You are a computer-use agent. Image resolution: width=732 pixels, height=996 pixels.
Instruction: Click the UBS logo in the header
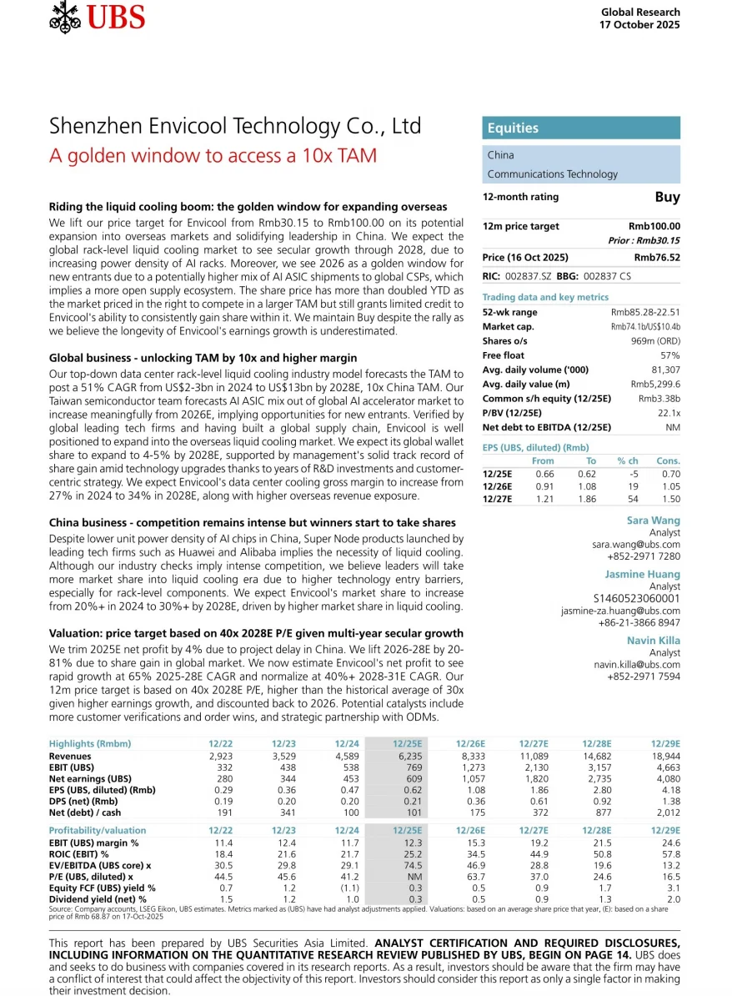98,16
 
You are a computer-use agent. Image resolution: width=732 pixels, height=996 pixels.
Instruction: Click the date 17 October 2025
639,24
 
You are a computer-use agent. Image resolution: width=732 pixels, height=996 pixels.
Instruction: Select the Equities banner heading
514,128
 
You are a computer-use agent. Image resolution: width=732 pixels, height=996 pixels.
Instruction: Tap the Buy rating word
667,198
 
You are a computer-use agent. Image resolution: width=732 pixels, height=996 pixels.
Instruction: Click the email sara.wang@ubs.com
636,544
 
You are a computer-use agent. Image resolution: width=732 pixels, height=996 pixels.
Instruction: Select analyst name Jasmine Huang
642,574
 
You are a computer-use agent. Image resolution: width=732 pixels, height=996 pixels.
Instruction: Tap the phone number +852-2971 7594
644,677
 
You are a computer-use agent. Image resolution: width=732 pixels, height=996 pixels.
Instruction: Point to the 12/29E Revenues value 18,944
665,757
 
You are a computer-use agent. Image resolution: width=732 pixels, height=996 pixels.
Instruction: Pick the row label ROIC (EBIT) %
79,855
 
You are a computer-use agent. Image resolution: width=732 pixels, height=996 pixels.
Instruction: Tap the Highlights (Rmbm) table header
90,743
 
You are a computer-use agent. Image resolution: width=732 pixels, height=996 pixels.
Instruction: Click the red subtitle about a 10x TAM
213,156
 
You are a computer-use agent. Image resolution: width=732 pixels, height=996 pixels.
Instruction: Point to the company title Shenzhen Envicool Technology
235,126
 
